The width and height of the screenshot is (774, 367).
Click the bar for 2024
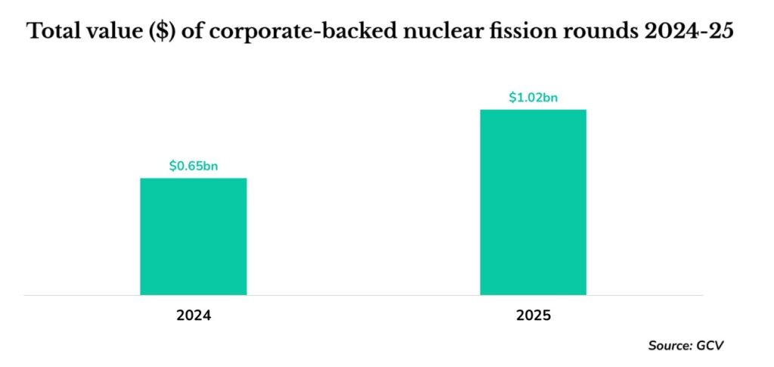[x=193, y=236]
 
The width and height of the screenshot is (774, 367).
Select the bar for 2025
[x=534, y=202]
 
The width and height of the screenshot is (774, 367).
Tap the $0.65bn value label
[x=193, y=165]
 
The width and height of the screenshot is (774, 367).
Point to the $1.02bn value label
[x=534, y=97]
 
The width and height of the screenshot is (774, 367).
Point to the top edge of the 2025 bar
[x=534, y=110]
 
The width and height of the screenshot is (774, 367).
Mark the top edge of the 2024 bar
[x=193, y=179]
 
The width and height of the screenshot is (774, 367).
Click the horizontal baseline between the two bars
[x=363, y=294]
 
